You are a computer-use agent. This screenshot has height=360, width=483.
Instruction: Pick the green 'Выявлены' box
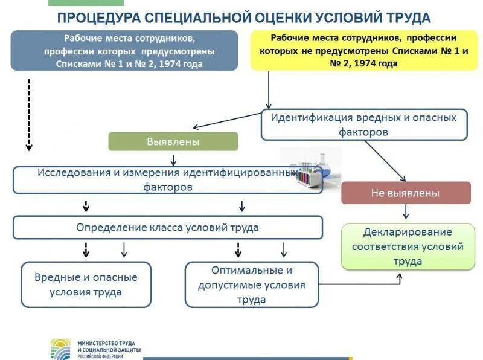(x=173, y=141)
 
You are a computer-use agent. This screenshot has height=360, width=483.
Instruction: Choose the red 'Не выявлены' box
(x=405, y=193)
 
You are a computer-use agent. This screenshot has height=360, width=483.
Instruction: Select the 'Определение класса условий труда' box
(x=167, y=228)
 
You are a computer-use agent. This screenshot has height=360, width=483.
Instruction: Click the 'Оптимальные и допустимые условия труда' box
(x=251, y=284)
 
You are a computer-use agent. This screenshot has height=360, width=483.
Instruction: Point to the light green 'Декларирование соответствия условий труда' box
(x=408, y=246)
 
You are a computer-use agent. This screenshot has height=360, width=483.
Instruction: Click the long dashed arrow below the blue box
(x=28, y=115)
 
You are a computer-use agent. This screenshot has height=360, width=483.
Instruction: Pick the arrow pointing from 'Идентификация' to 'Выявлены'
(x=226, y=120)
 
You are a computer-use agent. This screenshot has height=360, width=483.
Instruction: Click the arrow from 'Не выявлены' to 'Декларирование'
(x=406, y=212)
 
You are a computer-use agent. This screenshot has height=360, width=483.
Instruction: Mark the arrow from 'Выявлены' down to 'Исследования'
(x=173, y=159)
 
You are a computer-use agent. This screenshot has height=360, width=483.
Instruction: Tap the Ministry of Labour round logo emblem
(x=60, y=349)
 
